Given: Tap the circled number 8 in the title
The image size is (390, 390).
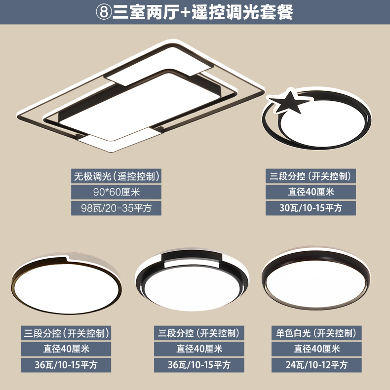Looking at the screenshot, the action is coord(104,11).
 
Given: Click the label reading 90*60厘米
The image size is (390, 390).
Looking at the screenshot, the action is coord(116,192).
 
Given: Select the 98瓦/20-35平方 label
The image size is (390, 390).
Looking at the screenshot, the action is coord(116,208).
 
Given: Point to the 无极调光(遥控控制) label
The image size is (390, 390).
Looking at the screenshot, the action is coord(116,176).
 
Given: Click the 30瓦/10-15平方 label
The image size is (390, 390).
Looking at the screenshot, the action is coord(311,208).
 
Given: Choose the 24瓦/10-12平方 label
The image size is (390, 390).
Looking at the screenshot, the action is coord(316,365).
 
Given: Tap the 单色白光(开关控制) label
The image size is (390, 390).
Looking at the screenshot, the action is coord(316,333).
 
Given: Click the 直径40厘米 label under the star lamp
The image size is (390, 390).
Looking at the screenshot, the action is coord(311,192).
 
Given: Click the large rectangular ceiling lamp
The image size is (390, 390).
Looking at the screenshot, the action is coord(141,96).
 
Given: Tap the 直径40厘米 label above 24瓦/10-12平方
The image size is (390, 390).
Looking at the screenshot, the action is coord(316,349).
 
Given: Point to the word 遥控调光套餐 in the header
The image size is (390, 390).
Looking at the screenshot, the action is coord(242,12).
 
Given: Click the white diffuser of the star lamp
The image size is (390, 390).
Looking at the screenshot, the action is coord(323,127).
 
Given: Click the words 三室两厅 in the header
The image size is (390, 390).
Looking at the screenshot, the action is coord(146,12).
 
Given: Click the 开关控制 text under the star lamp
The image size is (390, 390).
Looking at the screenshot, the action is coord(330,176).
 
